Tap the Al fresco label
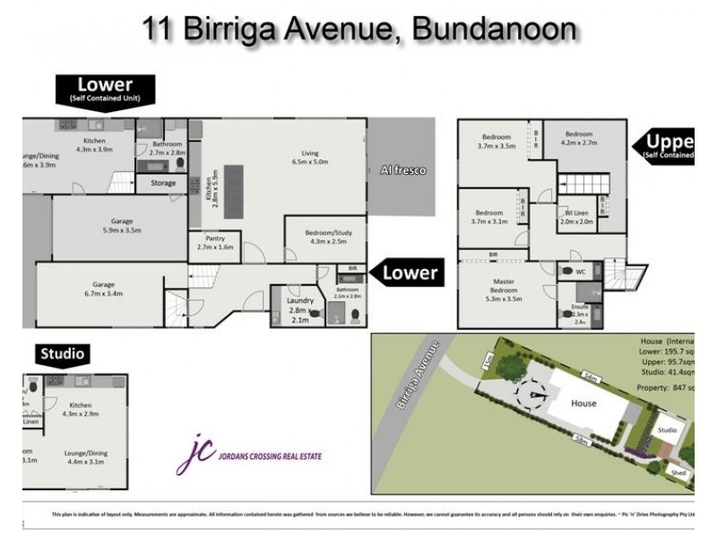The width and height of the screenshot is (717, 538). point(402,169)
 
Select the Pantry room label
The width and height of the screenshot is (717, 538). point(213,242)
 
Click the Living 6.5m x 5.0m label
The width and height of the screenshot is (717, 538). point(310,158)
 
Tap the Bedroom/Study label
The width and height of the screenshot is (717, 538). point(324,236)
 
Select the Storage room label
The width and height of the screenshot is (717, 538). point(163,184)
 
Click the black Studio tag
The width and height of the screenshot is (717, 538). point(62,354)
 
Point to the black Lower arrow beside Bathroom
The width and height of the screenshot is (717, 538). point(408,273)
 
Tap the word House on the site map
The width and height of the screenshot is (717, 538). point(585,403)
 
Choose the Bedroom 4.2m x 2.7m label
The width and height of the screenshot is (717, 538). point(578,139)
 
